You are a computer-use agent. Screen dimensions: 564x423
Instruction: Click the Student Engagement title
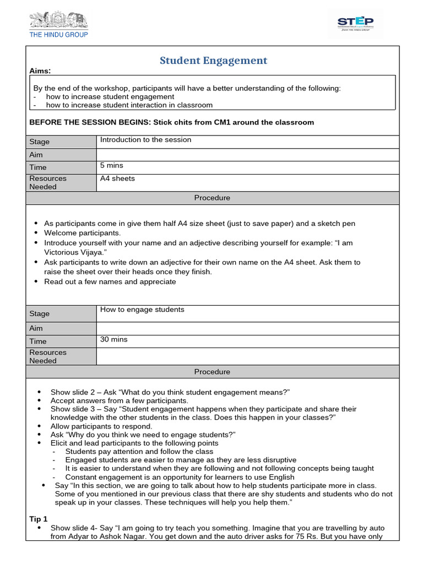[x=213, y=61]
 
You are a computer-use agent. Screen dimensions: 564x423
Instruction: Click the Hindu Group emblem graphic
[x=58, y=21]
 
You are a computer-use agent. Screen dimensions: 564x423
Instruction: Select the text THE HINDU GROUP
[x=58, y=35]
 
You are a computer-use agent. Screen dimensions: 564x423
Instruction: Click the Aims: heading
[x=40, y=71]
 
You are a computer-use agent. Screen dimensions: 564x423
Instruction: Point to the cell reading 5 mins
[x=112, y=165]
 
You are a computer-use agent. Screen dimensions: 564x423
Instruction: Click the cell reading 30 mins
[x=113, y=339]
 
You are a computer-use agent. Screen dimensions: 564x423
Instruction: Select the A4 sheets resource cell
[x=117, y=178]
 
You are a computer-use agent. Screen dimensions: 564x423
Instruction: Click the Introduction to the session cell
[x=145, y=140]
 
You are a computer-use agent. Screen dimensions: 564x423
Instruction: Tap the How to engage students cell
[x=142, y=310]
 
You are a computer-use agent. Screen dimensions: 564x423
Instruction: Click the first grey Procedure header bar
[x=212, y=198]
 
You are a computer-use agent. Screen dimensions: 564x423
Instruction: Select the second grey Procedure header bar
[x=212, y=372]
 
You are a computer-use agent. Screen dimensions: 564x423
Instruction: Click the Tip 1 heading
[x=39, y=519]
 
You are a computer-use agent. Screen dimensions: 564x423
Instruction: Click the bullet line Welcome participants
[x=82, y=232]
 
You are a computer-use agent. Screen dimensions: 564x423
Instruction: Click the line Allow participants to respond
[x=101, y=426]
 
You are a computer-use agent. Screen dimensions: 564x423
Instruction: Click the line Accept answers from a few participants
[x=119, y=400]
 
